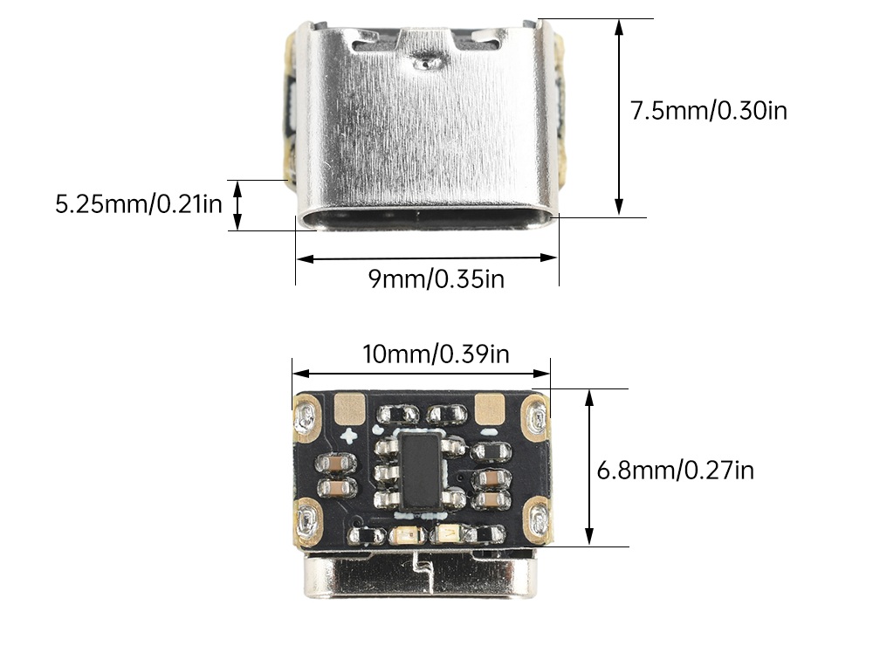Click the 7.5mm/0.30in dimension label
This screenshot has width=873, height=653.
(709, 110)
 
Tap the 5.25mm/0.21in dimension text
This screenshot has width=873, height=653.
(139, 203)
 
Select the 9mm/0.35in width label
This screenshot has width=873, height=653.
(436, 278)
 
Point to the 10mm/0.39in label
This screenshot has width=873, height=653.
(436, 354)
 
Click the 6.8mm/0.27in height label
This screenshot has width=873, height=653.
(676, 471)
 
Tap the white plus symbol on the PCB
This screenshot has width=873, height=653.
(349, 436)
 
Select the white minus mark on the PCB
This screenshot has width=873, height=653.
(490, 432)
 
